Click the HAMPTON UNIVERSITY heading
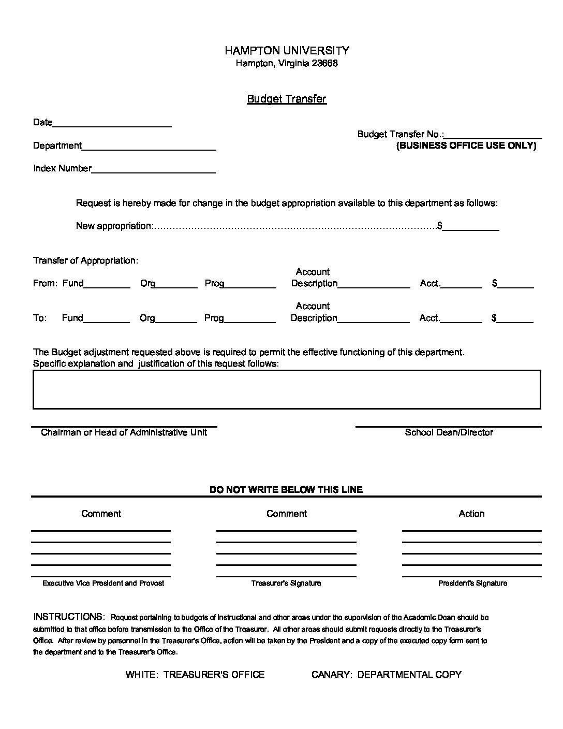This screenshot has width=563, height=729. pos(287,50)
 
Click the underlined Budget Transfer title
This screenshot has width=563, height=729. pos(286,98)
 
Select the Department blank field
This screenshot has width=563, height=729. pos(149,147)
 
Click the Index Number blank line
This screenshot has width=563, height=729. pos(153,169)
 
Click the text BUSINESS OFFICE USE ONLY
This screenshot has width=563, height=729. pos(466,145)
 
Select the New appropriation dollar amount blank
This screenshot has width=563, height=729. pos(470,227)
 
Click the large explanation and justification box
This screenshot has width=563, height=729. pos(286,389)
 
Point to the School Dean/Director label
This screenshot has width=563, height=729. pos(449,432)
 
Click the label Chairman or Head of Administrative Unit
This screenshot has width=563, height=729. pos(124,432)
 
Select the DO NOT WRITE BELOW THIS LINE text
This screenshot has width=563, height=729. pos(286,489)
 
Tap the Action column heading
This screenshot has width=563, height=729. pos(471,514)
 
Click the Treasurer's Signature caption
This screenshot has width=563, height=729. pos(286,583)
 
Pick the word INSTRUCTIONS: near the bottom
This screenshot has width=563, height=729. pos(69,617)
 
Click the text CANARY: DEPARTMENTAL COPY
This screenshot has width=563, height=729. pos(386,674)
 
